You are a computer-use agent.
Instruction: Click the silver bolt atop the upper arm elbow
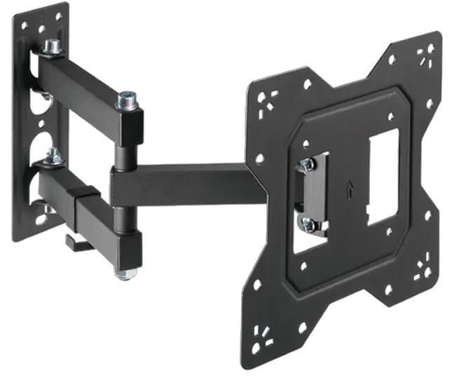tap(126, 100)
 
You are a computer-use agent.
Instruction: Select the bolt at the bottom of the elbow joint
tap(125, 272)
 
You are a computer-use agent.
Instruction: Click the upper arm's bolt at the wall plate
tap(51, 48)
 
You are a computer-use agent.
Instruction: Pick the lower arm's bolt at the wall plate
tap(52, 157)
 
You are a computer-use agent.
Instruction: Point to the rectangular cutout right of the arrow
tap(383, 175)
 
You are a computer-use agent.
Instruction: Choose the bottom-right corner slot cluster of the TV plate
tap(422, 271)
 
